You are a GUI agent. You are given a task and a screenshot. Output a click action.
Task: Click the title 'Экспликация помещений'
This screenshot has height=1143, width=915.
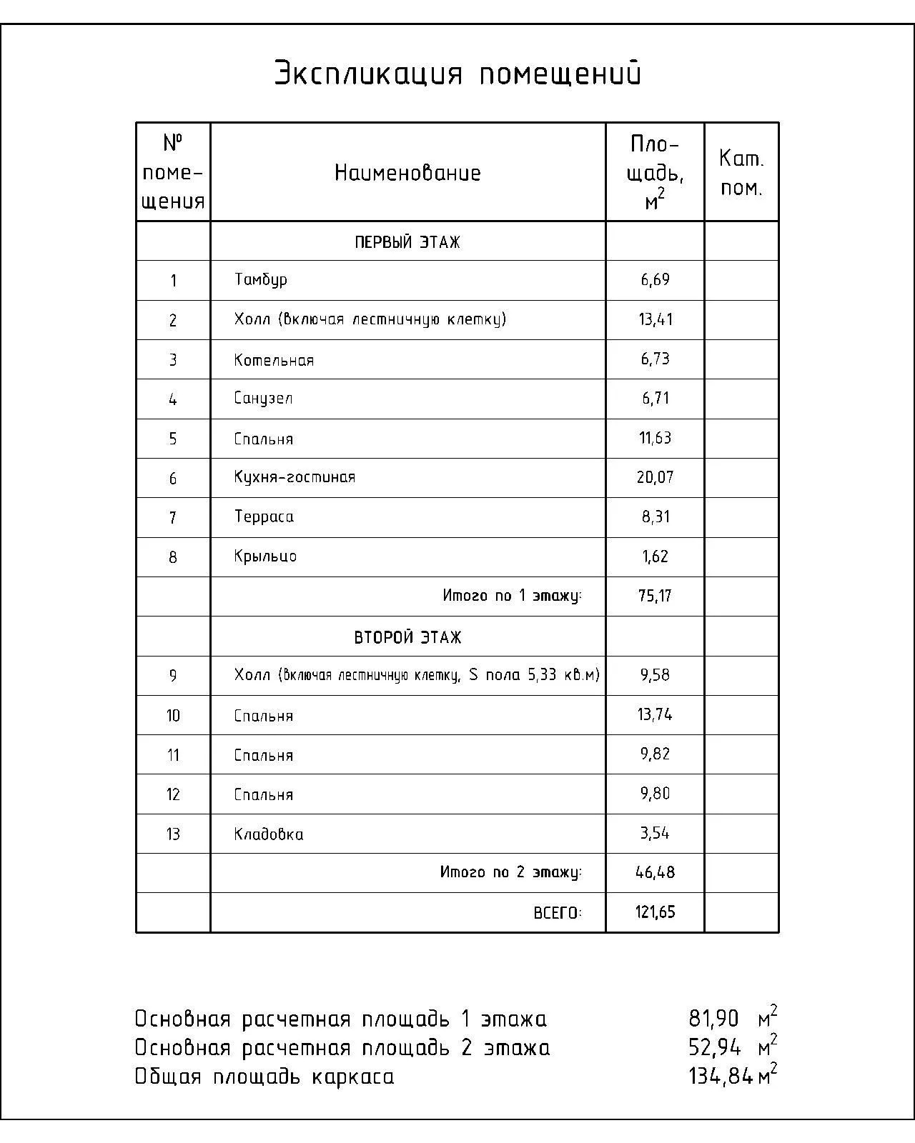457,74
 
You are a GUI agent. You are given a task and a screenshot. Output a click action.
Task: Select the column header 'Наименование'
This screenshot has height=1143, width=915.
407,173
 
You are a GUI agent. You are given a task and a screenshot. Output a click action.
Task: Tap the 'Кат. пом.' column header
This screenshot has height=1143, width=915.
741,173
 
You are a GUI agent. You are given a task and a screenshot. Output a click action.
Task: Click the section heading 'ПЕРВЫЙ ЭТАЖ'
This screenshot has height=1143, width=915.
407,242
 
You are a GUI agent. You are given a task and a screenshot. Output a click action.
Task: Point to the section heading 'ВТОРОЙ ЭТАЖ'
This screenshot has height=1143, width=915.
407,637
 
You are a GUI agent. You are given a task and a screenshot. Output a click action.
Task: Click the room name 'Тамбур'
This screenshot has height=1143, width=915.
261,280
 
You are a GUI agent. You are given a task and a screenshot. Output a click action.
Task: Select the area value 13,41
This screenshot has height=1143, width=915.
656,319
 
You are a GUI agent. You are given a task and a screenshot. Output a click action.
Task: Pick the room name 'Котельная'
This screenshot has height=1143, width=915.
274,360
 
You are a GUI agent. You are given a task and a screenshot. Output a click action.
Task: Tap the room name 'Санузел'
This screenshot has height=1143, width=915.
263,399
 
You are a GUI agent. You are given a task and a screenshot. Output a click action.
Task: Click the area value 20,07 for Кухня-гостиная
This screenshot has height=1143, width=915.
656,477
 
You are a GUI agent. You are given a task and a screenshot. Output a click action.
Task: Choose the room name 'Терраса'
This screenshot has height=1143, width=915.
264,516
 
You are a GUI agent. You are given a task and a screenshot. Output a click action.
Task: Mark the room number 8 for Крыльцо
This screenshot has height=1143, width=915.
173,557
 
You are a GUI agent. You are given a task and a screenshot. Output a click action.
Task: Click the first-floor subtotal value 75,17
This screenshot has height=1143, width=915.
656,596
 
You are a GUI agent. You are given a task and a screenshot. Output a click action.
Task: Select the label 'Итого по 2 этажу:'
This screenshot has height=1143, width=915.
511,872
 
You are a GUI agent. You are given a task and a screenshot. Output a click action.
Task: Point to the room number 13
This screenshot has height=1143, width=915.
173,834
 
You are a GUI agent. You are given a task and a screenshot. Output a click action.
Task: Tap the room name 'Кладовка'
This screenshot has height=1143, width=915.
269,834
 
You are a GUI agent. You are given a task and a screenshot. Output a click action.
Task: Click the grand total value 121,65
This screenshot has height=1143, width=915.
656,912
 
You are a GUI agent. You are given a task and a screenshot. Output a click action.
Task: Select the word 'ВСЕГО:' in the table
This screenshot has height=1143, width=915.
558,912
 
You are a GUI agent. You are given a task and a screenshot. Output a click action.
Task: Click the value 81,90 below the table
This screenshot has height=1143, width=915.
713,1019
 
